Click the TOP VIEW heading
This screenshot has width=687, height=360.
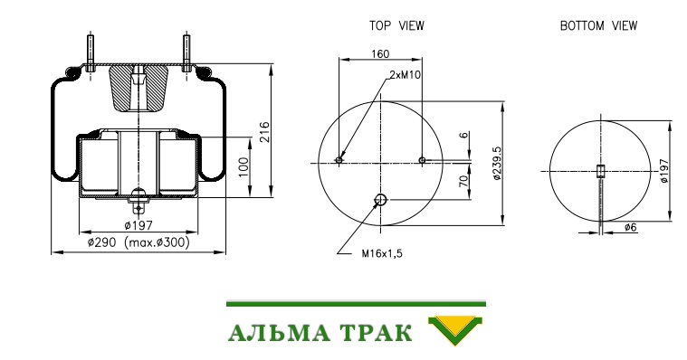[x=396, y=26]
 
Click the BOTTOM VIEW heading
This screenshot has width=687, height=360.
[x=598, y=26]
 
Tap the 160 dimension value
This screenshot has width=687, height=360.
[x=380, y=54]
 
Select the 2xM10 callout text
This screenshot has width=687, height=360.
[x=405, y=75]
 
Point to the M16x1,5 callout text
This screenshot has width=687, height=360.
[x=382, y=253]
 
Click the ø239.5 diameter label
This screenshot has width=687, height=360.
[x=496, y=163]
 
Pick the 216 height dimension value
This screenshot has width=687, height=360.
[x=264, y=132]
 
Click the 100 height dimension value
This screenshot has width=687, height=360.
[x=243, y=166]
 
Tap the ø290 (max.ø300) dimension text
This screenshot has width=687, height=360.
[x=138, y=242]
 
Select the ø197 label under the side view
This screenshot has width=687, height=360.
[x=138, y=225]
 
